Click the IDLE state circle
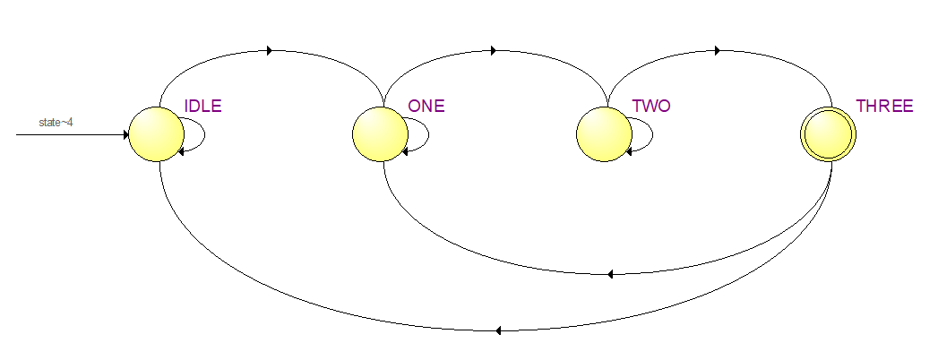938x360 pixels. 158,135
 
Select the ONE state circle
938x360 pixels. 381,135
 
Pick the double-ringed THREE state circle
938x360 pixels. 829,135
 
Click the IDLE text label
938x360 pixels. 202,106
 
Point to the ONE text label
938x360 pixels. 426,106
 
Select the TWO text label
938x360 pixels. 651,106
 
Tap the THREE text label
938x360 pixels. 884,106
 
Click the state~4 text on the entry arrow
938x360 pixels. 55,122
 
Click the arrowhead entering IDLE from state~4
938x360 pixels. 125,135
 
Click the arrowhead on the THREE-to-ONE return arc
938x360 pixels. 609,274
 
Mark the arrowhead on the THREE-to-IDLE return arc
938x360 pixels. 497,330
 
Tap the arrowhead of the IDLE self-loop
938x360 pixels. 182,151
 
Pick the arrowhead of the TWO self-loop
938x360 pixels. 629,151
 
